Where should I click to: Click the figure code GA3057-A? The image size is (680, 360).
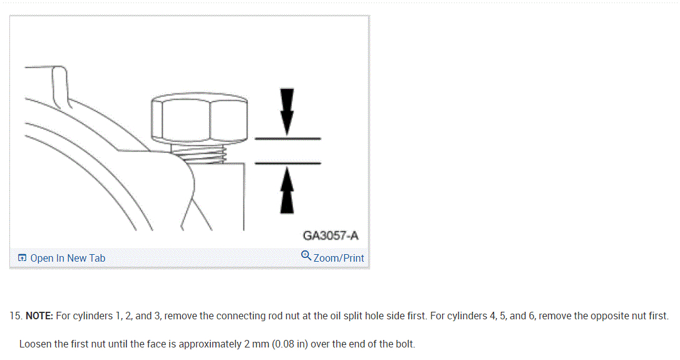coord(331,236)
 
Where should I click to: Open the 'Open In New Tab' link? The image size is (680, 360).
coord(67,258)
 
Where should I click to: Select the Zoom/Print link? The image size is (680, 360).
coord(338,258)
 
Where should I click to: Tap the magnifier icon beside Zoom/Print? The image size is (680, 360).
coord(306,255)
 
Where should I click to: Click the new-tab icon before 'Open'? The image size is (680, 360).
coord(22,258)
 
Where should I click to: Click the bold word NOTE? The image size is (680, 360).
coord(39,316)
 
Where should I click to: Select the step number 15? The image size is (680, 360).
coord(16,316)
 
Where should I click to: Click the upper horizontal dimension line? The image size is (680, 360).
coord(288,138)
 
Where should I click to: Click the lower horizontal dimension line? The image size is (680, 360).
coord(288,163)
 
